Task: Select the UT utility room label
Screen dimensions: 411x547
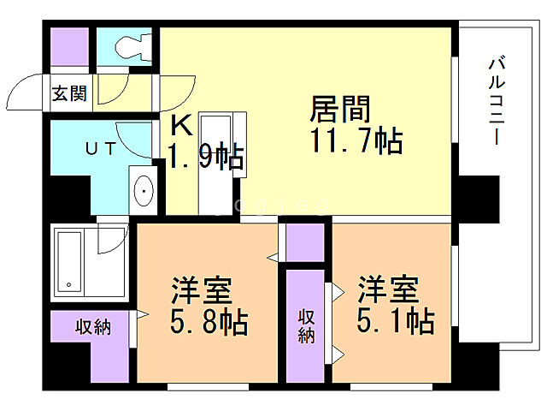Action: pos(99,148)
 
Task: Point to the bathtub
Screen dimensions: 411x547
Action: pos(74,259)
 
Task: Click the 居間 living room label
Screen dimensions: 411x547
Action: pos(339,110)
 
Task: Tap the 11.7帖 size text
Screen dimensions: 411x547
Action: pos(345,140)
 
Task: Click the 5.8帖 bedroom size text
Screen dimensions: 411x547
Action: pos(208,323)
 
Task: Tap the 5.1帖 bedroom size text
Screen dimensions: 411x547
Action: pos(395,322)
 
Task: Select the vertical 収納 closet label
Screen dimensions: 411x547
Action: pos(306,326)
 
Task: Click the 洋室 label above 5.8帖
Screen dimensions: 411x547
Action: pos(201,291)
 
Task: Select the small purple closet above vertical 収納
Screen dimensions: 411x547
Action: pos(305,242)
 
